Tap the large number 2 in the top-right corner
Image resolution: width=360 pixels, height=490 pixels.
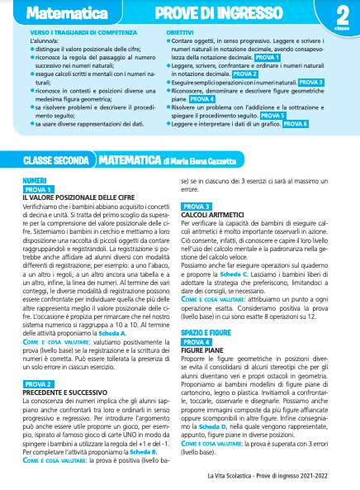click(341, 14)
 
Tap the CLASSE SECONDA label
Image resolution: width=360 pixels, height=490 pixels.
click(55, 159)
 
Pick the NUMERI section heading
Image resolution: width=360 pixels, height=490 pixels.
click(36, 179)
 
